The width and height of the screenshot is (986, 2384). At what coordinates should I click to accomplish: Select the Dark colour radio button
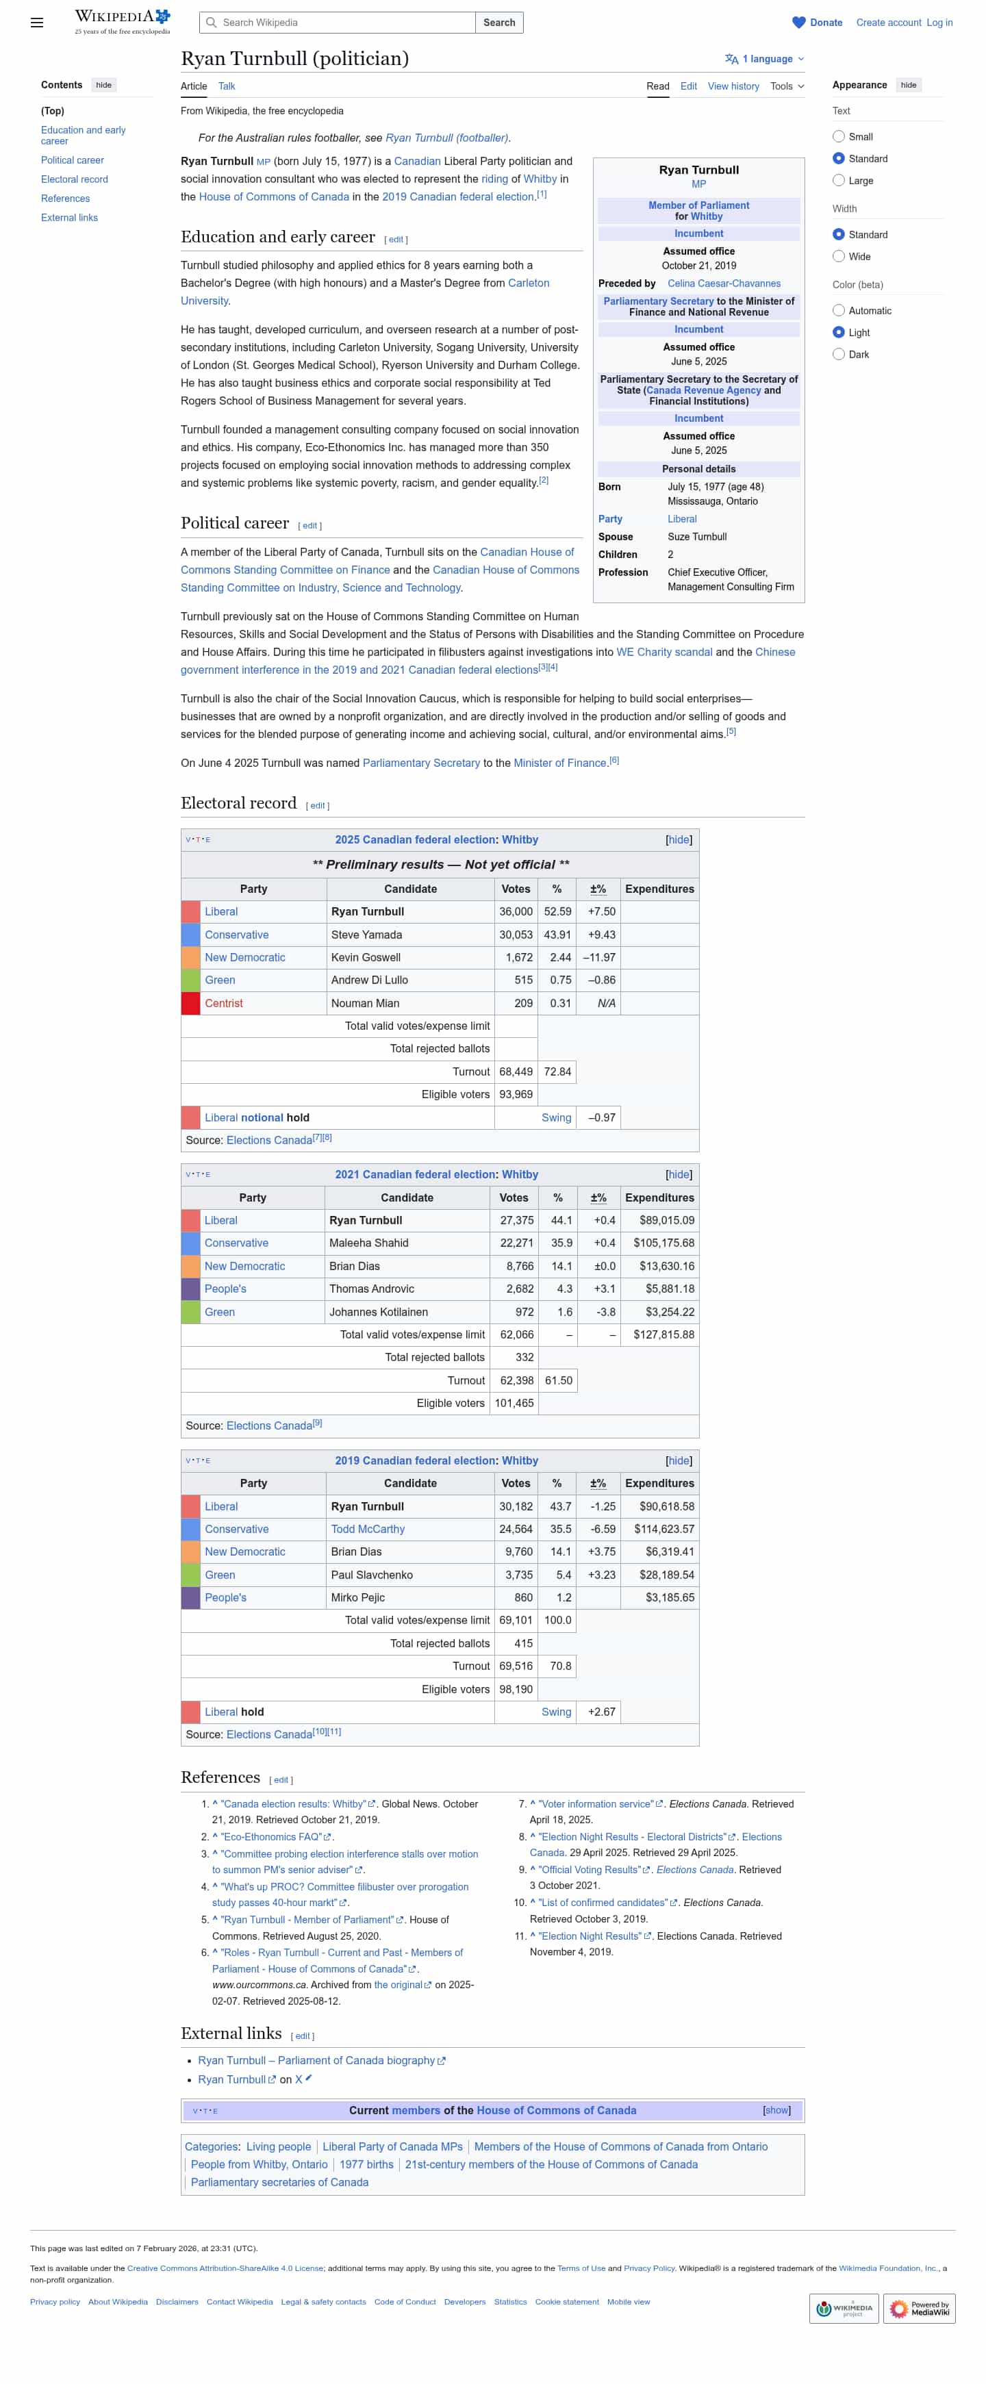tap(838, 355)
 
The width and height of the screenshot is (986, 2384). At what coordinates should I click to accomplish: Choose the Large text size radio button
tap(838, 181)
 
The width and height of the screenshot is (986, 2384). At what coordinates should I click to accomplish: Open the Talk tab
tap(226, 86)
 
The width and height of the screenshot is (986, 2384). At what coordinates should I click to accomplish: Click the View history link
tap(733, 86)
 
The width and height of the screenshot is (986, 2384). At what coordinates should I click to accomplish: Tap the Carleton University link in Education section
tap(528, 283)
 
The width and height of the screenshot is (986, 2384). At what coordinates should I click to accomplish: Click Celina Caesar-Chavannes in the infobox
tap(723, 283)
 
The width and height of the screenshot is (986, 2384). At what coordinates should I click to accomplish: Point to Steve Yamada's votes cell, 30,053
tap(516, 935)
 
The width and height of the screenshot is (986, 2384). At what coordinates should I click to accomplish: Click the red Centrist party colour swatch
tap(191, 1003)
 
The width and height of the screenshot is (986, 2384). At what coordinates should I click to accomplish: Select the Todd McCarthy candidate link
tap(368, 1529)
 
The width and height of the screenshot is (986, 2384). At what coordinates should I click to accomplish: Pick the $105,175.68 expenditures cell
tap(663, 1243)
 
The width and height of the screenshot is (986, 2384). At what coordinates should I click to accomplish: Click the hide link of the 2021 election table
tap(678, 1174)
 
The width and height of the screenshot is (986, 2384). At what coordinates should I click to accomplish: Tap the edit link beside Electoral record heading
tap(318, 805)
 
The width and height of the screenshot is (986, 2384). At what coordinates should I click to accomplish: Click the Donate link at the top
tap(825, 22)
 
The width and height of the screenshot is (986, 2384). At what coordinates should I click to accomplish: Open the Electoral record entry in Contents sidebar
tap(74, 179)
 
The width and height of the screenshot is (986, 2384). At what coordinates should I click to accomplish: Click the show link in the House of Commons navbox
tap(776, 2110)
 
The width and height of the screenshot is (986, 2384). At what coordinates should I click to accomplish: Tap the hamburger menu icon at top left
tap(37, 22)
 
